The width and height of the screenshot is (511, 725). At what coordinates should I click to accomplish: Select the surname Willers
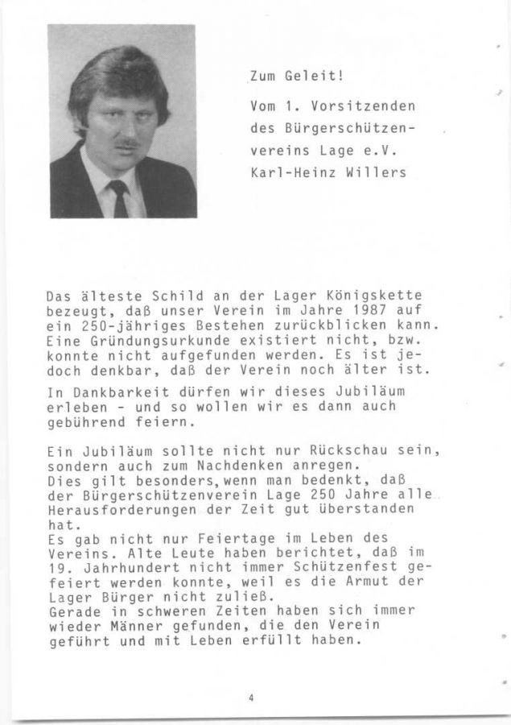[x=377, y=172]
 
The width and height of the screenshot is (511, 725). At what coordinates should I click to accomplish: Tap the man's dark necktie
[x=120, y=197]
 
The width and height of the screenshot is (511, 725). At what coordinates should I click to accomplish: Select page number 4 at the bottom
[x=252, y=698]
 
